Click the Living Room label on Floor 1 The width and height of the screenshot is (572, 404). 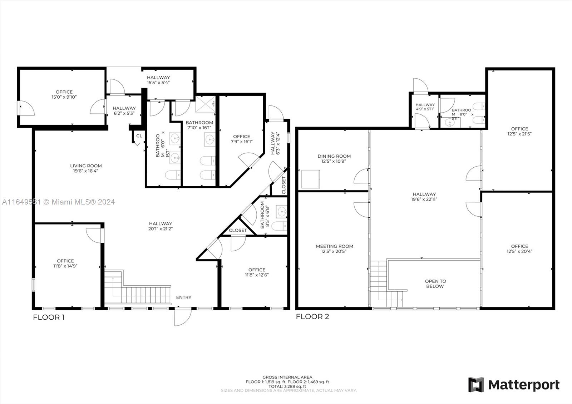click(86, 166)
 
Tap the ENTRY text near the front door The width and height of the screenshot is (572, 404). click(184, 297)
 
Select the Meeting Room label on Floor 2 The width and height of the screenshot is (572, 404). click(335, 246)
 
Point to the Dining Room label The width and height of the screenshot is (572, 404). click(334, 156)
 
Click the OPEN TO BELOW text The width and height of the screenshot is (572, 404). click(435, 284)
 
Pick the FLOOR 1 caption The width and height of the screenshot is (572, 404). click(49, 317)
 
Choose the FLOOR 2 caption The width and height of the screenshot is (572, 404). click(312, 316)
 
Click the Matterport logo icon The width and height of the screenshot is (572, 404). click(476, 385)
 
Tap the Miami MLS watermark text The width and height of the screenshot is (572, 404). click(59, 202)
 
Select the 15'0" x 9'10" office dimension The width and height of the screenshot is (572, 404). click(64, 97)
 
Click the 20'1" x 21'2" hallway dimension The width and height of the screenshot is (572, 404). click(161, 229)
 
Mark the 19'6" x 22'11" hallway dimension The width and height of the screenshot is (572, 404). click(424, 199)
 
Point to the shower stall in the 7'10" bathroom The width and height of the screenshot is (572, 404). click(206, 104)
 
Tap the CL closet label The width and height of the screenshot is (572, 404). click(139, 136)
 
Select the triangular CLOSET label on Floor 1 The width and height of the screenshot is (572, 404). click(238, 230)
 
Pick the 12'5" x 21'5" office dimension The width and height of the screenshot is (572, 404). click(519, 134)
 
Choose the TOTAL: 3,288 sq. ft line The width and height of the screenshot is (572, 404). click(287, 386)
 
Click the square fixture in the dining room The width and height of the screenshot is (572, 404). click(311, 179)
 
